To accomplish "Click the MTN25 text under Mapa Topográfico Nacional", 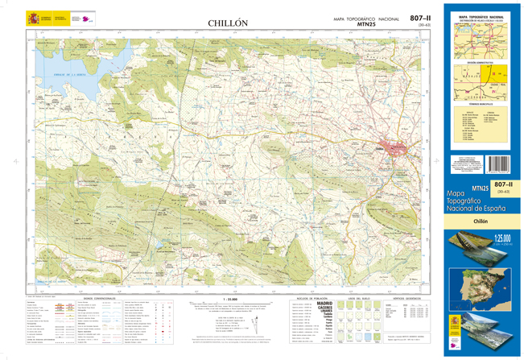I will click(x=365, y=25).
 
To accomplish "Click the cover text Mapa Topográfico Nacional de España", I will click(x=481, y=201).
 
